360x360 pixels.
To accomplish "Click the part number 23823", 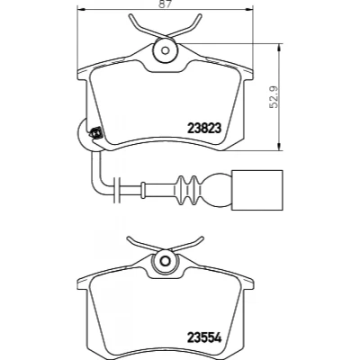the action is (x=204, y=129).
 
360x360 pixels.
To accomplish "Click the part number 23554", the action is (x=204, y=338).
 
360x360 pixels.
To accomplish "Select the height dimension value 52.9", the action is (x=274, y=96).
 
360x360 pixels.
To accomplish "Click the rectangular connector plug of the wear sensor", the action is (x=257, y=191).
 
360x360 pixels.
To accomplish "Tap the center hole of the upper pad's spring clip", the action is (x=166, y=50).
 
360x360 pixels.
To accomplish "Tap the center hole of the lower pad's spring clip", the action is (x=165, y=260).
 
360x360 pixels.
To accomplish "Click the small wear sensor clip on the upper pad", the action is (x=96, y=132).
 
